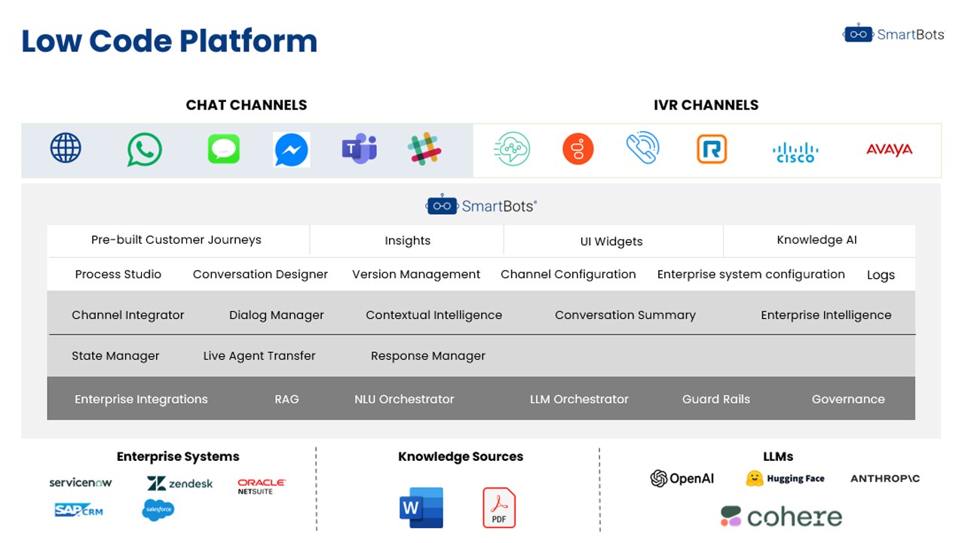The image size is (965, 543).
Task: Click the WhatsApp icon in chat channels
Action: pos(144,149)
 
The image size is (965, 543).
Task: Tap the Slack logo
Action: pos(424,149)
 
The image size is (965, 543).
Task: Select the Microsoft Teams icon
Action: pos(360,149)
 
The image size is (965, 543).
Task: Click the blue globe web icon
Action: pos(66,148)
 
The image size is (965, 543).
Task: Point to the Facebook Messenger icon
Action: pos(292,150)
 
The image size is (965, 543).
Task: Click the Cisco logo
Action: pos(795,152)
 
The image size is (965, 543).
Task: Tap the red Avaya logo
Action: pos(889,149)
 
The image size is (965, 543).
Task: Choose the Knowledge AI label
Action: pos(816,240)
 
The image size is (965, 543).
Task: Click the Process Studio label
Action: pos(118,274)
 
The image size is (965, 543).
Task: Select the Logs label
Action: pos(881,275)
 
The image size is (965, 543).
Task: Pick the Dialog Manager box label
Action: pos(276,315)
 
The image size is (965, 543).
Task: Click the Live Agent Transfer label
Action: pos(259,355)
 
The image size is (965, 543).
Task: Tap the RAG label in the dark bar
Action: pos(286,399)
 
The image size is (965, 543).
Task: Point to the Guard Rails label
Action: pos(716,399)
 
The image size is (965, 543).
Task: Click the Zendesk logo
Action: pos(179,483)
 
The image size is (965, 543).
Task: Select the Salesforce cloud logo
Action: pos(158,510)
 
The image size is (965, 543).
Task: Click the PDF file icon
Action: pos(499,508)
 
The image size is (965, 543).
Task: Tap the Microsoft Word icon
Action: pos(421,508)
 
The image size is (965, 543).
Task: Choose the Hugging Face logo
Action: pos(785,478)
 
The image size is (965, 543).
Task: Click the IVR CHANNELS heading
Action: pos(706,105)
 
